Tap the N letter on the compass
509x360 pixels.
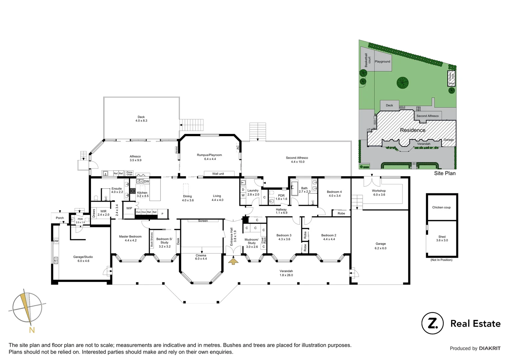[x=32, y=330]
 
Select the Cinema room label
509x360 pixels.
[x=201, y=256]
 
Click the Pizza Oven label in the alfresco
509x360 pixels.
[x=129, y=173]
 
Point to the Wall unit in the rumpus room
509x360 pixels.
[x=218, y=174]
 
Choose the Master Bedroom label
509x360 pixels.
[x=130, y=236]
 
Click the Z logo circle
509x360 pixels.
[x=432, y=323]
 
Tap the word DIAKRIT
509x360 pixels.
[x=490, y=348]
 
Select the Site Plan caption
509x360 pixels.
[x=445, y=173]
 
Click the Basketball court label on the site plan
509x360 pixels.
[x=367, y=60]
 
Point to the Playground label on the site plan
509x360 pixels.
[x=382, y=62]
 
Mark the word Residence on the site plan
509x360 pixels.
[x=413, y=130]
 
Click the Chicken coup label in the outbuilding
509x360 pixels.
[x=441, y=207]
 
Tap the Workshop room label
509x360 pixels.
[x=379, y=191]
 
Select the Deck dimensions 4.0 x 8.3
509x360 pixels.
[x=141, y=121]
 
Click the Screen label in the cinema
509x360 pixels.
[x=203, y=221]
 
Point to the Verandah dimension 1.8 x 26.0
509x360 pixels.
[x=286, y=275]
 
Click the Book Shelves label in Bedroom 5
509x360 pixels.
[x=152, y=239]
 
